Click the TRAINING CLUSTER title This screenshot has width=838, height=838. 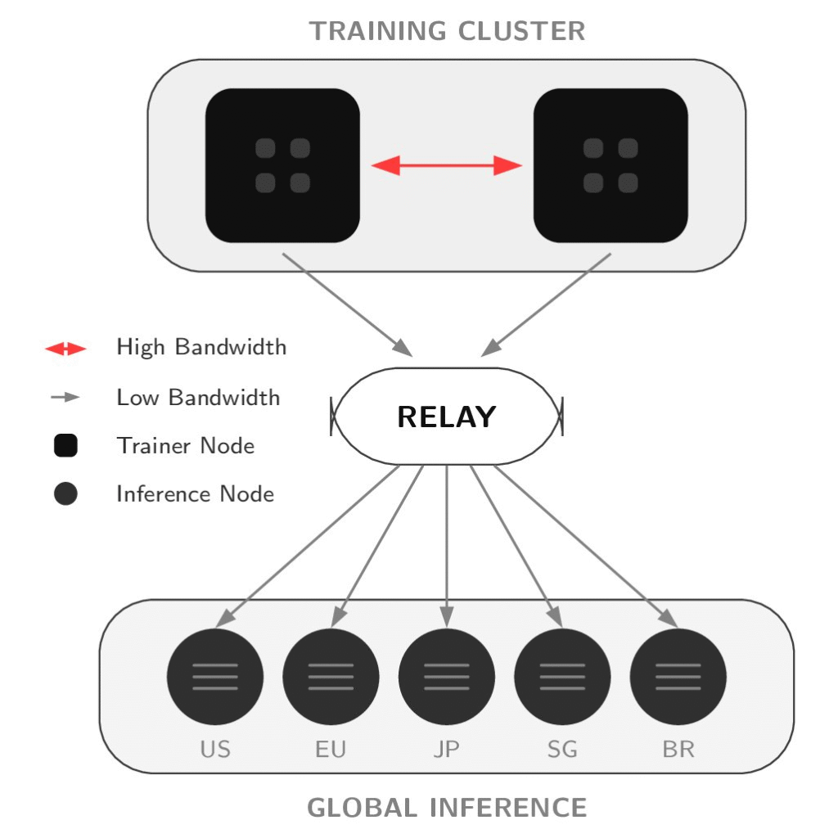447,31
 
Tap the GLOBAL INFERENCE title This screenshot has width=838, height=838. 447,808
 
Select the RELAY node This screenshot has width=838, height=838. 447,417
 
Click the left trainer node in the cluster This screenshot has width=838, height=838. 282,165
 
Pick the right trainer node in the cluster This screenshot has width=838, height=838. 610,165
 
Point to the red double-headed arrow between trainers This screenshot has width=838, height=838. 447,166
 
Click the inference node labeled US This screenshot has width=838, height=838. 215,677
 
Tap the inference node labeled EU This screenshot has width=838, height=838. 331,677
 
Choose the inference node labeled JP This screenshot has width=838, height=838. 447,677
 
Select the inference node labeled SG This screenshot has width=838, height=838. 562,677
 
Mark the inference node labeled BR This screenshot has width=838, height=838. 678,677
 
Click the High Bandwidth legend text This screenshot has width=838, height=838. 201,347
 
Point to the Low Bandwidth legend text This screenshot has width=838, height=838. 198,398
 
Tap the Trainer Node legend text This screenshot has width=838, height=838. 185,446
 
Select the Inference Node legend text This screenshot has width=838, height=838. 195,494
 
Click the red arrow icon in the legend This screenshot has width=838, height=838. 65,349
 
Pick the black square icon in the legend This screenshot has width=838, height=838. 65,446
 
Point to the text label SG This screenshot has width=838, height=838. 562,749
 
